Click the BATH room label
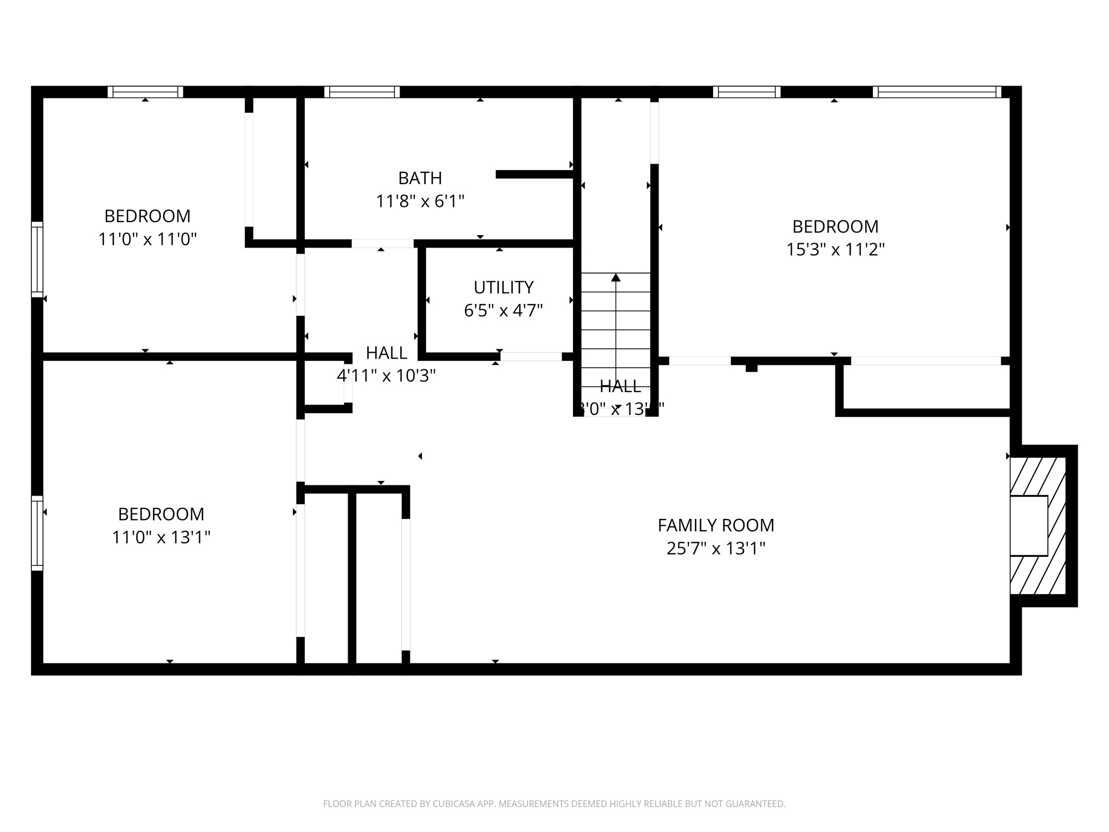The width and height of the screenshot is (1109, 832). [420, 178]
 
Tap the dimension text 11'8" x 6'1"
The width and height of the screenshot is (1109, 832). [420, 201]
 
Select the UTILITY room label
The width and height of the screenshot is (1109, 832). [504, 287]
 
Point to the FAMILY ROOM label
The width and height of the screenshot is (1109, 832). [716, 525]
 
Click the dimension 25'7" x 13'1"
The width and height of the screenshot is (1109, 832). [716, 549]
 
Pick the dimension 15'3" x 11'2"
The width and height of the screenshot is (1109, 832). [835, 250]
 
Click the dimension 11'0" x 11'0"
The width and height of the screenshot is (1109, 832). [147, 239]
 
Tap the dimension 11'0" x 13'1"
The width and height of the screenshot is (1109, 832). [161, 537]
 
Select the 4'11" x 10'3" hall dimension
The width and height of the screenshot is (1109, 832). [386, 375]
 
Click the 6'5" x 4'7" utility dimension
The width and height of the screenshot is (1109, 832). [504, 310]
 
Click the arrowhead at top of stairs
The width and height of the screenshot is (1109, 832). [616, 277]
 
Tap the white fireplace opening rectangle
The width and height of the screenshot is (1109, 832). [1028, 525]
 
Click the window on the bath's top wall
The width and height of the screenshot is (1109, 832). [362, 92]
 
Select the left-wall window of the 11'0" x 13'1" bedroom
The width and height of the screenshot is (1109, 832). [37, 533]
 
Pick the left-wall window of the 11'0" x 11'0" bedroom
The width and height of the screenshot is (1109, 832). [37, 259]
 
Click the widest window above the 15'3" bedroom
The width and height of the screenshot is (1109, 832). [937, 92]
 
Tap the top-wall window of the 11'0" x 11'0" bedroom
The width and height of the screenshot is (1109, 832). [145, 92]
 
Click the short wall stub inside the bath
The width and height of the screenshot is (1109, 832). [534, 174]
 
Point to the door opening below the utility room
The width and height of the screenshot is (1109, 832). [531, 356]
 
